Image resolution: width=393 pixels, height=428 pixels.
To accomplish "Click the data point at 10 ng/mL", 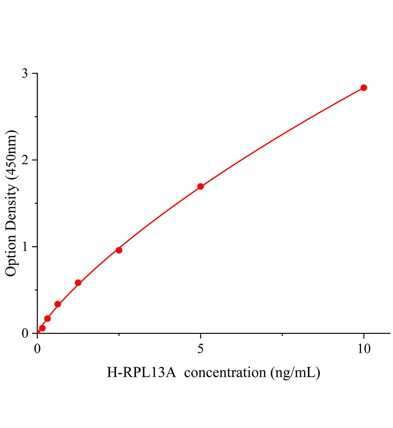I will (x=363, y=88).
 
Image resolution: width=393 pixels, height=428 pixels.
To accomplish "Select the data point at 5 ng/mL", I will (x=200, y=187).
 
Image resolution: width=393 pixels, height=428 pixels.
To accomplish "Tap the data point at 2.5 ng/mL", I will (x=119, y=250).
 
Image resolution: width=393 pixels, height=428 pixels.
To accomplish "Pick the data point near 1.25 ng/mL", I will (x=78, y=283).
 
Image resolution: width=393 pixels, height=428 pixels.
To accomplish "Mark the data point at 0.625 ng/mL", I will (x=58, y=304).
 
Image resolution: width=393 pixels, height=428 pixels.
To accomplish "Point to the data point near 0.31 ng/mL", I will (x=47, y=319).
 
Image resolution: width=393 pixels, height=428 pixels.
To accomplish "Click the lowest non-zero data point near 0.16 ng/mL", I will (x=42, y=328).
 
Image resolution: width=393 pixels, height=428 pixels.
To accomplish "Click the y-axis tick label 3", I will (x=25, y=73).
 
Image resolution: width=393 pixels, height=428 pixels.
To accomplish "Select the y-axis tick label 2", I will (x=25, y=160).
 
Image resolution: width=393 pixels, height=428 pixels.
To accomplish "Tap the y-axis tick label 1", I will (x=25, y=247).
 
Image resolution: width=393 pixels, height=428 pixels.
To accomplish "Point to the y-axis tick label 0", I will (x=25, y=333).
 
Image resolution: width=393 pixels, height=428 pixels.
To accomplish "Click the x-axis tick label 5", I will (x=201, y=349).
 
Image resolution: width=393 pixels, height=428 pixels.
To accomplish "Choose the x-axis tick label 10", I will (x=363, y=349).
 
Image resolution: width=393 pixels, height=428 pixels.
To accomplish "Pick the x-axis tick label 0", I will (x=38, y=349).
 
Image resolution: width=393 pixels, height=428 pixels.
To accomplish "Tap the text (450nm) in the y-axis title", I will (x=11, y=155).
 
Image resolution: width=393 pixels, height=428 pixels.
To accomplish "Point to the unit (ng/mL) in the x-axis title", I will (x=295, y=373).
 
